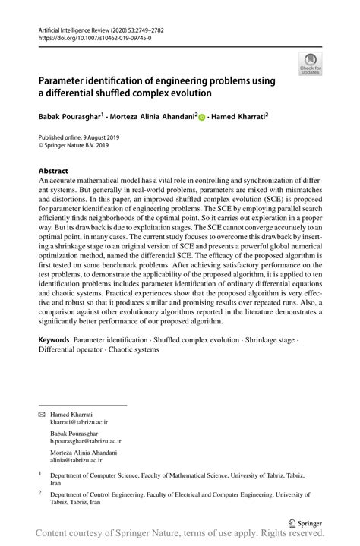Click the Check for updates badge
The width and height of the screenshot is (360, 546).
310,65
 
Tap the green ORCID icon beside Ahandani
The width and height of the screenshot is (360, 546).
202,118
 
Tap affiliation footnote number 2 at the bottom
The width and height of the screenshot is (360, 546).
40,492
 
